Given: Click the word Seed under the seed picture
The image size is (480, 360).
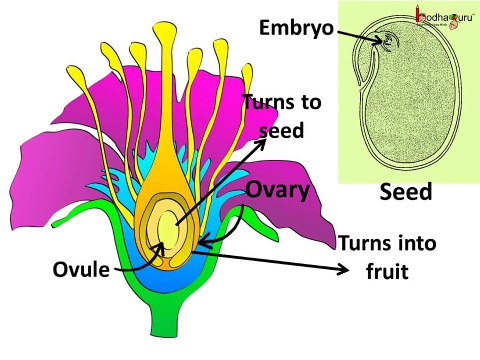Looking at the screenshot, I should point(405,193).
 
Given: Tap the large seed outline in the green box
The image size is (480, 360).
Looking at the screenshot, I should point(410,110).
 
